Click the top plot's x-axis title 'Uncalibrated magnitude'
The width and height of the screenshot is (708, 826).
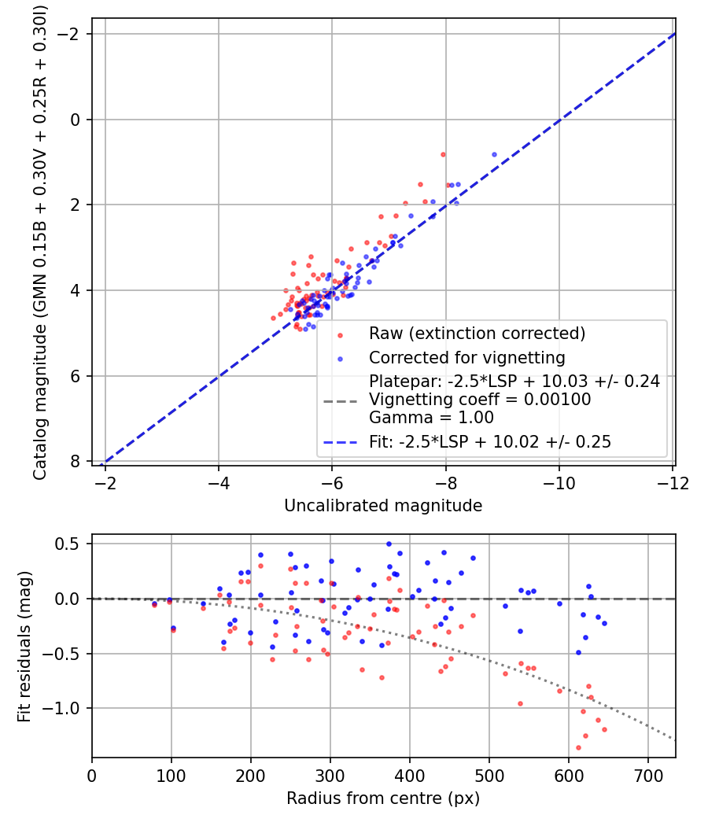[x=383, y=506]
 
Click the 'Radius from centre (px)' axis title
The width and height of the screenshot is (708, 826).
[x=383, y=798]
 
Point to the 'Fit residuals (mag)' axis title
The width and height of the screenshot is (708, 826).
[x=24, y=647]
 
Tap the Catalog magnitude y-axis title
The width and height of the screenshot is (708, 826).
[x=40, y=243]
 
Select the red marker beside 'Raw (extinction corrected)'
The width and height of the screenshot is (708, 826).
[x=341, y=335]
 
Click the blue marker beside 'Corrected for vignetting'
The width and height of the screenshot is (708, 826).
[x=341, y=360]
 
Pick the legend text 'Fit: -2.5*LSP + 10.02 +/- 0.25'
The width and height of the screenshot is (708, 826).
[x=490, y=441]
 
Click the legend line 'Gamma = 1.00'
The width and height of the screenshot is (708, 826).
[x=431, y=418]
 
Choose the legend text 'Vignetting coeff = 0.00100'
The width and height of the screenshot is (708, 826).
[x=480, y=400]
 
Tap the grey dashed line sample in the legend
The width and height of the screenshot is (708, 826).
[x=341, y=401]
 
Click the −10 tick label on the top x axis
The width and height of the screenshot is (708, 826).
[x=559, y=483]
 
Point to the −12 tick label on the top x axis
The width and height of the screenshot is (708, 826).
[x=673, y=483]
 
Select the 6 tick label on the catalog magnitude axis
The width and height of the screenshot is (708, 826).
[x=75, y=376]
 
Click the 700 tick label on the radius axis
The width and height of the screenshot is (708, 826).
[x=647, y=776]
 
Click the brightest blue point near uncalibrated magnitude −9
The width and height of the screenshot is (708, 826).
[x=494, y=154]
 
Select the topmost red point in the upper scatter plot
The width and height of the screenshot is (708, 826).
[x=443, y=154]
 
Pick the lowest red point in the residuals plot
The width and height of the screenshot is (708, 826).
[x=578, y=747]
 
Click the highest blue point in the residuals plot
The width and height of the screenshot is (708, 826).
[x=389, y=544]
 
